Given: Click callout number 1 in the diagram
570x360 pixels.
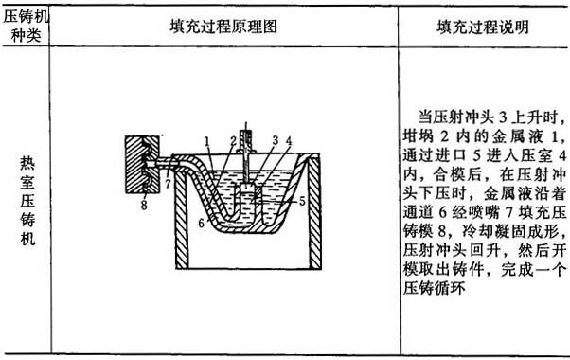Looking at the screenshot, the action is click(206, 141).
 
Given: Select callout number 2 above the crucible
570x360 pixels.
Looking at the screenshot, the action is click(233, 141).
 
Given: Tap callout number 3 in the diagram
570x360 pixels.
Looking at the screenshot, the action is click(276, 140).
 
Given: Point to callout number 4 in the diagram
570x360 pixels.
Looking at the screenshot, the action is click(289, 141).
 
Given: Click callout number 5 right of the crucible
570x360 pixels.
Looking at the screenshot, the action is click(302, 201).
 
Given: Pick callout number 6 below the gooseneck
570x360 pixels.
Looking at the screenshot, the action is click(202, 223).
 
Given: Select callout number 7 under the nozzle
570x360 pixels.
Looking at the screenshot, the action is click(168, 184).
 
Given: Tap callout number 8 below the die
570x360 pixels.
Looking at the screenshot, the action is click(144, 205).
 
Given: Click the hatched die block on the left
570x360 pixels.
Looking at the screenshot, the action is click(142, 164).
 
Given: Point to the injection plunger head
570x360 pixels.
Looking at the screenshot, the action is click(247, 189).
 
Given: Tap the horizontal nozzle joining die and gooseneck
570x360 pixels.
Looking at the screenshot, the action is click(166, 164).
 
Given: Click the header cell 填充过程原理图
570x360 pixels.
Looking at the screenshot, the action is click(223, 27).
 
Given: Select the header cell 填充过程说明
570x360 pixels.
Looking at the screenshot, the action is click(483, 27).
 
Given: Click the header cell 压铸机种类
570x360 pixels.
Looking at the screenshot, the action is click(25, 27).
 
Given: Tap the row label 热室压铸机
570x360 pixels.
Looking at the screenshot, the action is click(27, 200).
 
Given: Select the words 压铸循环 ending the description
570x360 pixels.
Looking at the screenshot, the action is click(434, 288).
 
